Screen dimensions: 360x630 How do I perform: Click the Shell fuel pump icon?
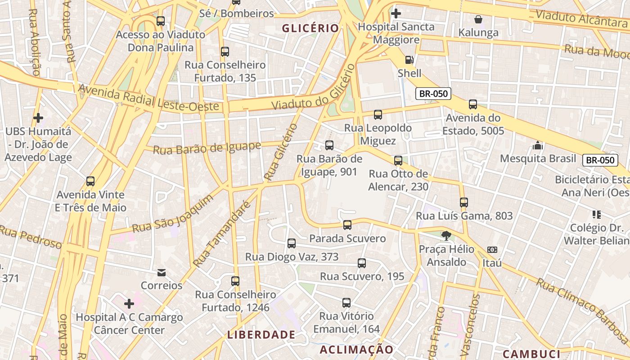(x=409, y=59)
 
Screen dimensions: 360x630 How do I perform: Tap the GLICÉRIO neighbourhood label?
(x=310, y=28)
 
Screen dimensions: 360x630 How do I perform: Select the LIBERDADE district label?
(x=261, y=335)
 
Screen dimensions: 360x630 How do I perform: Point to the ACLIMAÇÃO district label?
(x=356, y=350)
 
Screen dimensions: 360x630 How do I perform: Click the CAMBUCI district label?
(x=531, y=354)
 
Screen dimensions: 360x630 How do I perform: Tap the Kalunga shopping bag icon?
(x=478, y=19)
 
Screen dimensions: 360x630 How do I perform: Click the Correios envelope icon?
(x=162, y=273)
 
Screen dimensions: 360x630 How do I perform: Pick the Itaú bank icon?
(x=492, y=250)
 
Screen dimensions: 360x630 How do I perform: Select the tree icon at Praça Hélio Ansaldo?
(x=446, y=236)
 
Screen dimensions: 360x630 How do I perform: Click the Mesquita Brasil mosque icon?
(x=538, y=145)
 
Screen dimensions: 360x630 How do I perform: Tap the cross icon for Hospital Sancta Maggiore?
(x=396, y=13)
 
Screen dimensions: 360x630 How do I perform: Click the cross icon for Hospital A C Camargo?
(x=129, y=304)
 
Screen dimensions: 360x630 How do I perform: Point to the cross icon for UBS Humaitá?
(x=38, y=118)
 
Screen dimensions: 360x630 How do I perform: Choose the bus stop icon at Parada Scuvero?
(x=347, y=225)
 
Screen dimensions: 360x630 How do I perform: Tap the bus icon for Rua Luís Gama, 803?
(x=464, y=202)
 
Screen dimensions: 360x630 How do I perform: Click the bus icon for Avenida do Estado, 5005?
(x=473, y=104)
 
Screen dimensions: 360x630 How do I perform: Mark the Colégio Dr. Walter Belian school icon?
(x=597, y=214)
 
